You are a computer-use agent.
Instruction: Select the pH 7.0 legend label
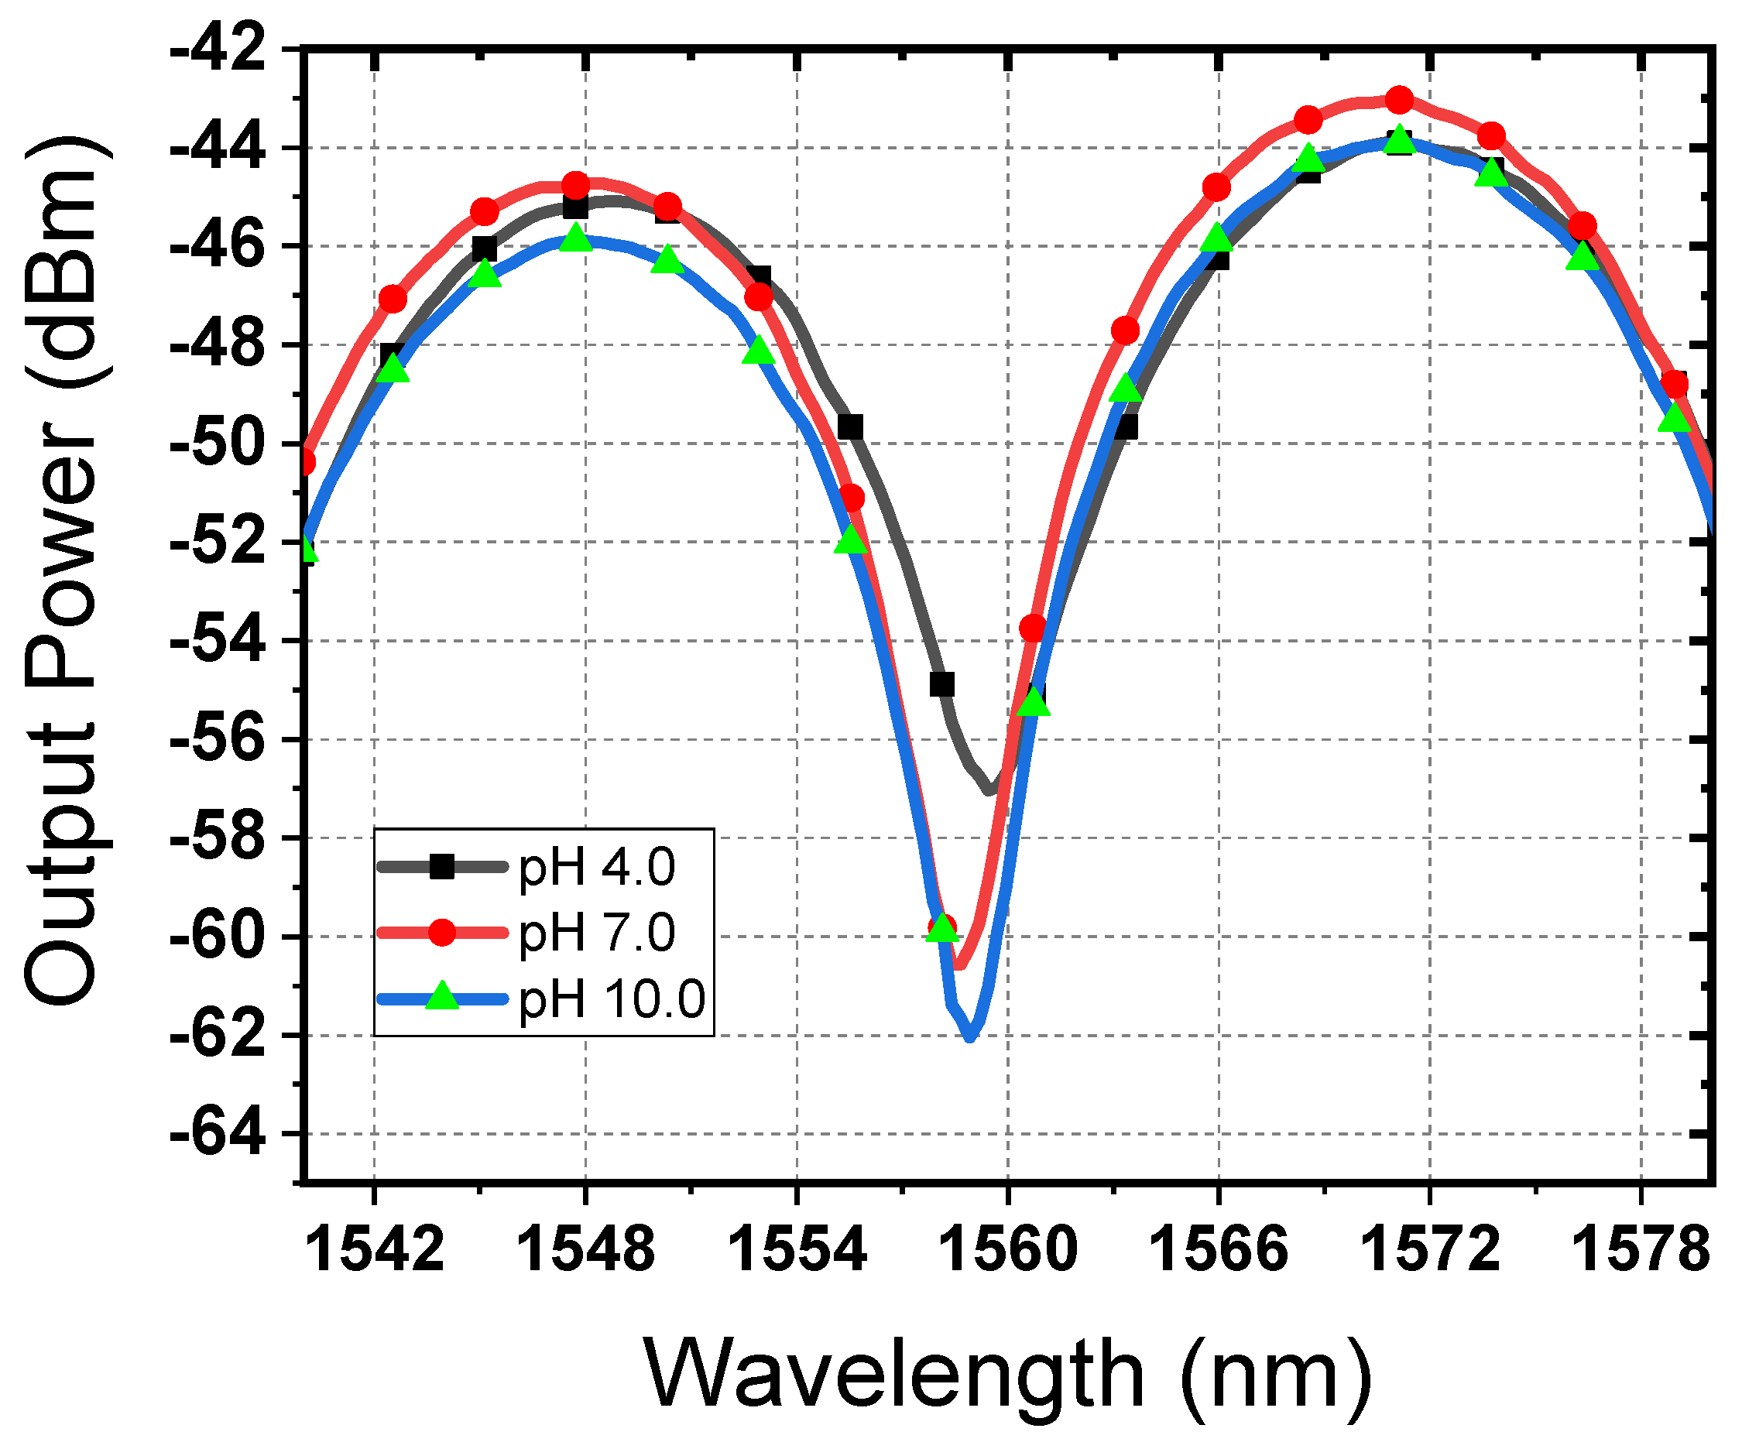pos(596,933)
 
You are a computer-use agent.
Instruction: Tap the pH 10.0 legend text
pos(612,999)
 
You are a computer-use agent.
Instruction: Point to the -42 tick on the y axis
pos(218,50)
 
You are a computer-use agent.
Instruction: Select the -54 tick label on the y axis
pos(218,641)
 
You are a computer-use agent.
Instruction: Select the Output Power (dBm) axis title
pos(62,572)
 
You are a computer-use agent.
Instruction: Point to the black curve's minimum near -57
pos(989,792)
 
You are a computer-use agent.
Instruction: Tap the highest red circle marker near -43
pos(1400,101)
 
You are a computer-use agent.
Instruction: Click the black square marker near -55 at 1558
pos(941,685)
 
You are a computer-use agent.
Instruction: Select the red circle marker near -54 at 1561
pos(1033,628)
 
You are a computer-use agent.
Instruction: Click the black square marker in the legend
pos(442,868)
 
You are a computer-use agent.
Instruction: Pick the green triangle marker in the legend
pos(442,997)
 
